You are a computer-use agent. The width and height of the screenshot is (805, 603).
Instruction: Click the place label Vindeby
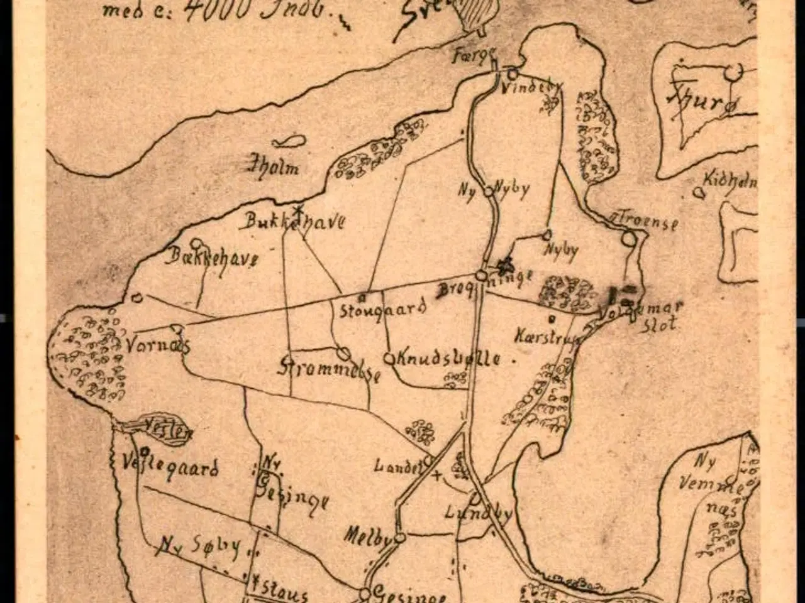530,89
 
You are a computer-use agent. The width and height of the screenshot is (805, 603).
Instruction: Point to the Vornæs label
157,345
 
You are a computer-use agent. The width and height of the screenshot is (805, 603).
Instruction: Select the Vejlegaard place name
170,468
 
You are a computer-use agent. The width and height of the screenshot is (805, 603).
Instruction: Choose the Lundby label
478,513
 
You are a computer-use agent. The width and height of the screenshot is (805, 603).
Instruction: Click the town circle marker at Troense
628,239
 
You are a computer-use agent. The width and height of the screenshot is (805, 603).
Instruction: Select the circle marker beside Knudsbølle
389,359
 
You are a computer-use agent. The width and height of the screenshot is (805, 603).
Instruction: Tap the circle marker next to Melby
399,538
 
